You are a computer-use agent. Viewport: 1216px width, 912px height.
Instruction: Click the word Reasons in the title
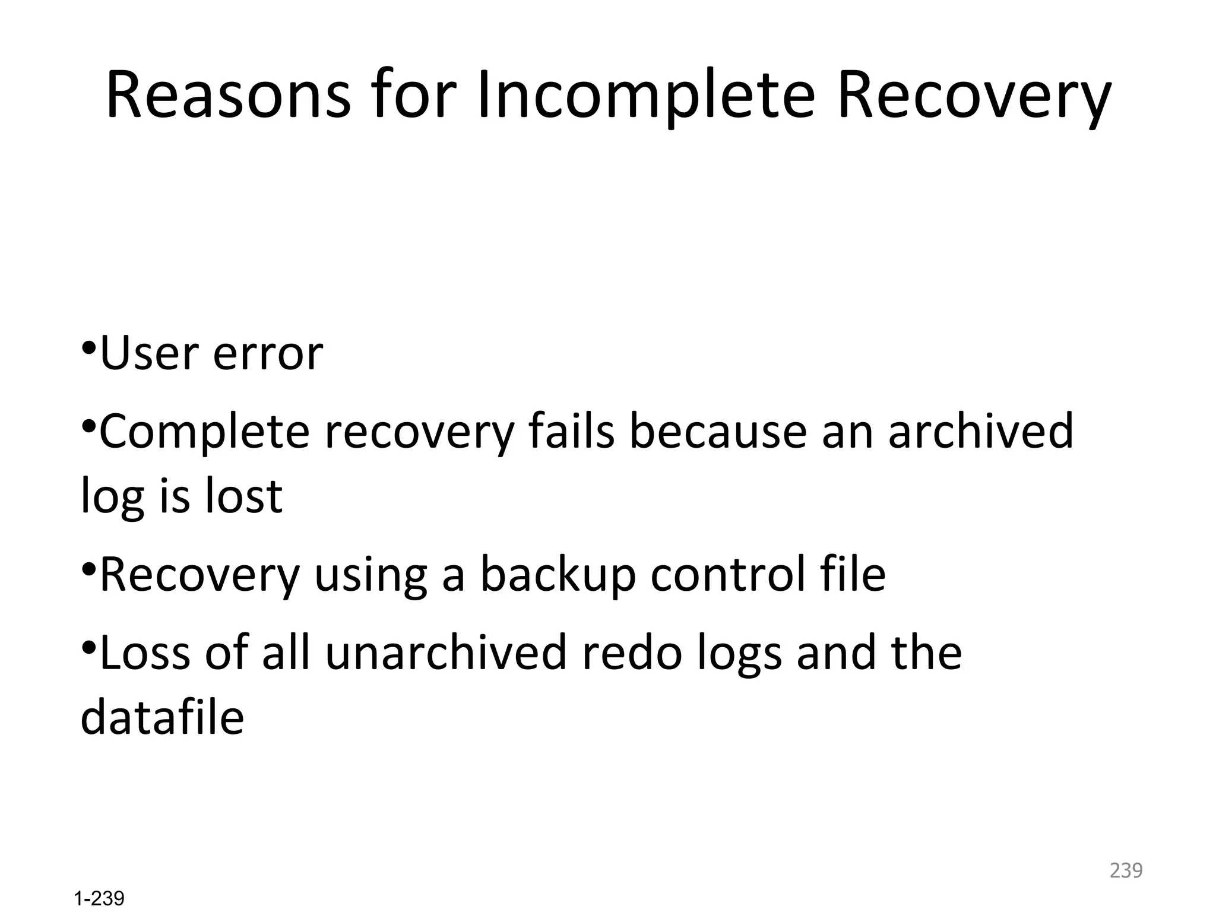229,95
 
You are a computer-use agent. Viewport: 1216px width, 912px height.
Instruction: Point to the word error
268,355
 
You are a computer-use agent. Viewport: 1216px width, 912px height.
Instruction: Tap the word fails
571,431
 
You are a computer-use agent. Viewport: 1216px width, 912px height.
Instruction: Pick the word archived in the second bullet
981,431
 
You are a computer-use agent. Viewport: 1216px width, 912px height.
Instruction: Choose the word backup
558,575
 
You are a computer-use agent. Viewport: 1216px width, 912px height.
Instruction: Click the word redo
631,652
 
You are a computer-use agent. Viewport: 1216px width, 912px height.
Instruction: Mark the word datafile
162,717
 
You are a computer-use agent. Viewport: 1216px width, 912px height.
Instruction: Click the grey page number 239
1126,870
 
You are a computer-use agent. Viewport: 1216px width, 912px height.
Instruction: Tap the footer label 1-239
99,898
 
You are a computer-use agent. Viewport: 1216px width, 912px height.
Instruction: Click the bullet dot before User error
88,346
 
